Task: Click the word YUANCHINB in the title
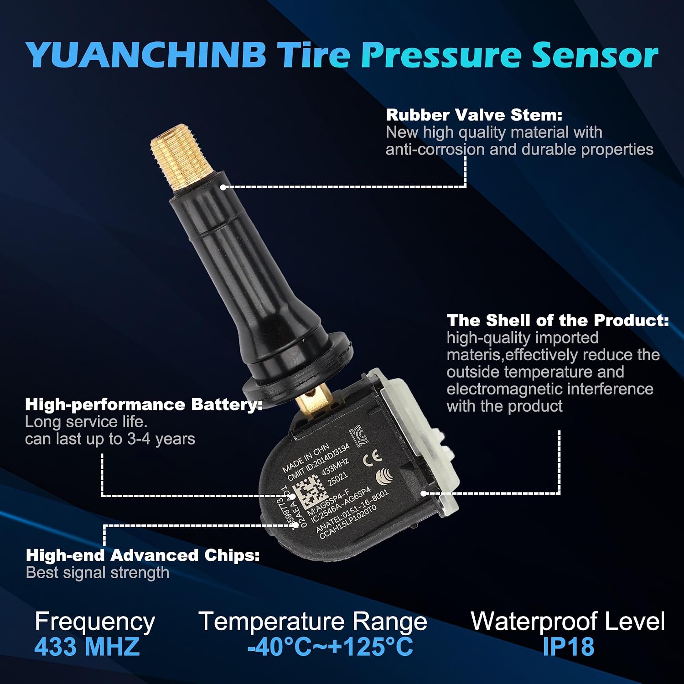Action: click(146, 55)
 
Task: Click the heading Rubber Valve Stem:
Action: click(474, 115)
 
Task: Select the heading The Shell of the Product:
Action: click(558, 320)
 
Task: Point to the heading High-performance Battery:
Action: click(144, 404)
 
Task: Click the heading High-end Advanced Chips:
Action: click(143, 555)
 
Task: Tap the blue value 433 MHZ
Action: click(87, 647)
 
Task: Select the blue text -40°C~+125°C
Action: click(330, 647)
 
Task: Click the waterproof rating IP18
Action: click(568, 647)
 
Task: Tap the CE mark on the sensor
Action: click(372, 458)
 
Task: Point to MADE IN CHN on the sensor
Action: click(306, 458)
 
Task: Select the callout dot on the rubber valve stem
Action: click(223, 187)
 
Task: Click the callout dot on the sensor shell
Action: click(424, 493)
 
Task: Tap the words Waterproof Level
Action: click(568, 621)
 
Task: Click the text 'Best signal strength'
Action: click(98, 573)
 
